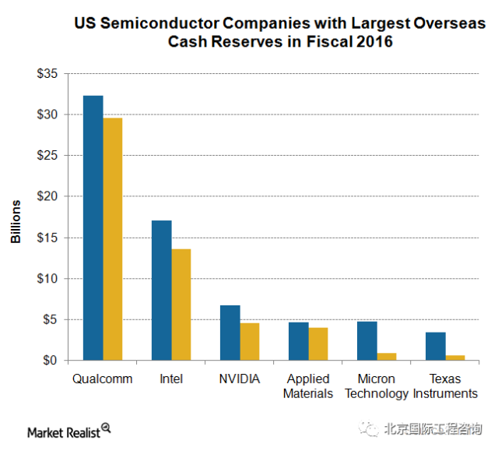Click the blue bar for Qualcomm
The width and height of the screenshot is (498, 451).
(93, 227)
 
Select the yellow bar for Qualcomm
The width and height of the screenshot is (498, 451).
(113, 238)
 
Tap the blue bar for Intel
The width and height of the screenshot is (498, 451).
(162, 290)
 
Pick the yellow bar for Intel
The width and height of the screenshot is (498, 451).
(181, 305)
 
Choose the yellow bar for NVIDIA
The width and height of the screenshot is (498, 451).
(249, 341)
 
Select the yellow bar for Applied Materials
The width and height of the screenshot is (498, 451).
(317, 344)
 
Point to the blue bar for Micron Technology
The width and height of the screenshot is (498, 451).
(366, 340)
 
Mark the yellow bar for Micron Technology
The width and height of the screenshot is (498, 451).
(386, 357)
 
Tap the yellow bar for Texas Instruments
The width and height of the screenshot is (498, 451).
(455, 358)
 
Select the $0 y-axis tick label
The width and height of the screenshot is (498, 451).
(51, 361)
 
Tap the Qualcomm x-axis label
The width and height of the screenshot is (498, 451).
(103, 379)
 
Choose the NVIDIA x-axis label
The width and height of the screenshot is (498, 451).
(240, 379)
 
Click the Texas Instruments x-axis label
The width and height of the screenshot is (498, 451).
(445, 386)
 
